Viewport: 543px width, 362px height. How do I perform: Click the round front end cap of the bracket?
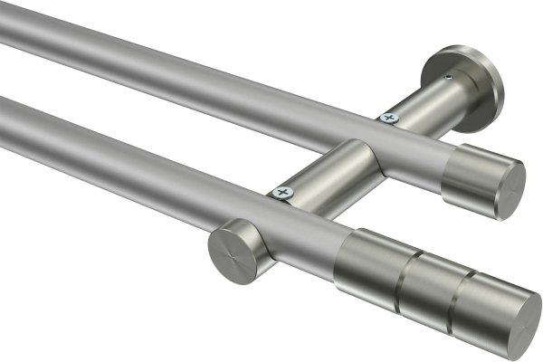(x=233, y=251)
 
